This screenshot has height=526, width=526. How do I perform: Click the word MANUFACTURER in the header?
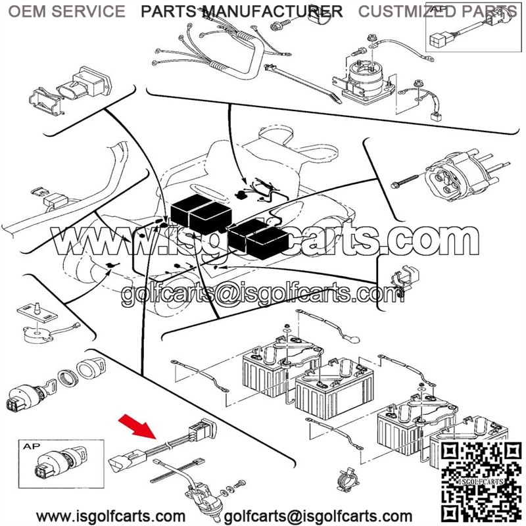coord(273,11)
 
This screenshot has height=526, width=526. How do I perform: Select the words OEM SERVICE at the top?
coord(66,11)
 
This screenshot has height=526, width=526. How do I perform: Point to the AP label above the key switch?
coord(32,446)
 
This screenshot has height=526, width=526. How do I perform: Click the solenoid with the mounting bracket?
coord(364,80)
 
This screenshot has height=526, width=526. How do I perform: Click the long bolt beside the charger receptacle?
coord(404,181)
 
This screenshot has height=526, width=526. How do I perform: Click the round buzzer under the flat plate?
coord(37,335)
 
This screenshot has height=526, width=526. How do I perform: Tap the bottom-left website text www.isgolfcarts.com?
coord(110,517)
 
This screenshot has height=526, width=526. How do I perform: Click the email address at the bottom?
coord(318,517)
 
